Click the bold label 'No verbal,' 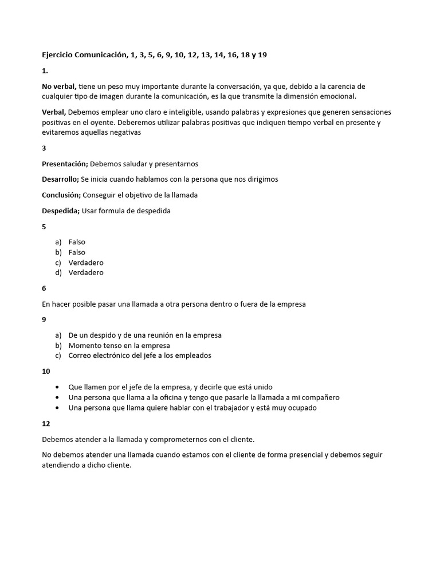[x=59, y=86]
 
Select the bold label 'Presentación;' [x=65, y=163]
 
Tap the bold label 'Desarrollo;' [x=60, y=179]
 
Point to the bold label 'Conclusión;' [x=61, y=195]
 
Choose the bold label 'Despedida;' [x=61, y=210]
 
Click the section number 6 [x=44, y=288]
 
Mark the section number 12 [x=46, y=424]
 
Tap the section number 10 [x=46, y=371]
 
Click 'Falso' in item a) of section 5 [x=77, y=242]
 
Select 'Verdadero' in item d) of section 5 [x=86, y=273]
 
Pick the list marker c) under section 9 [x=58, y=355]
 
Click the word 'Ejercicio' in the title [x=59, y=55]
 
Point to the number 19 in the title [x=262, y=55]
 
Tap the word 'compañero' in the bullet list [x=321, y=397]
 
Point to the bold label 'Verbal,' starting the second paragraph [x=54, y=112]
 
